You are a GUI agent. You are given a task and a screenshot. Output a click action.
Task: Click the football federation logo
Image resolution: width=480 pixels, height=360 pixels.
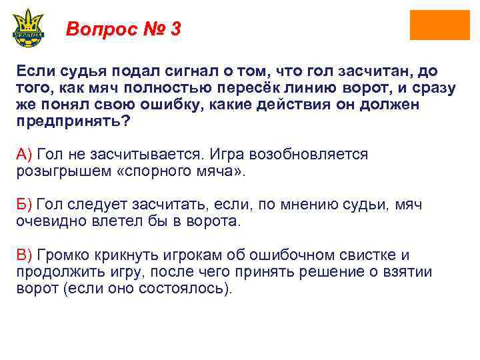tap(28, 27)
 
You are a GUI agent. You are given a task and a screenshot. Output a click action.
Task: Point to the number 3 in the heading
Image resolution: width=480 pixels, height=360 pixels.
tap(175, 29)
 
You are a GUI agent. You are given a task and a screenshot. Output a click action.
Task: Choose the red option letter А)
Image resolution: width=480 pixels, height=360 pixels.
tap(25, 154)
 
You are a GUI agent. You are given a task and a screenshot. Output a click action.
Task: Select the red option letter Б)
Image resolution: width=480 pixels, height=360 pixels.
tap(25, 205)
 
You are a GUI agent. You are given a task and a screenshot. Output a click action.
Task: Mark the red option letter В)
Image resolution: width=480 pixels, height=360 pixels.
tap(25, 255)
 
